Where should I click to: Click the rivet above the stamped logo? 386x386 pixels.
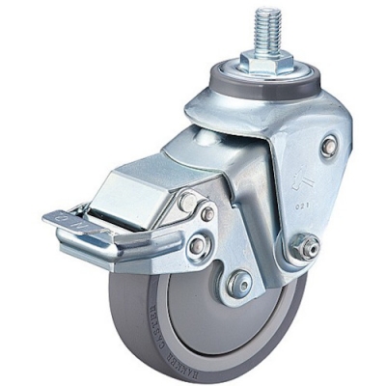(329, 146)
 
